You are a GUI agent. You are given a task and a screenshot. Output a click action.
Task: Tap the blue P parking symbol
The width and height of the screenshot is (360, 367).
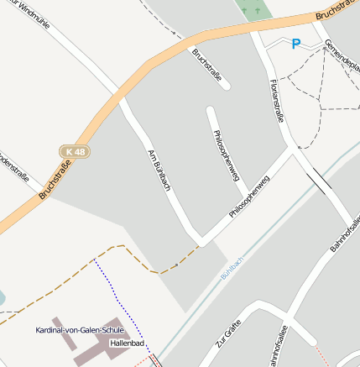click(295, 44)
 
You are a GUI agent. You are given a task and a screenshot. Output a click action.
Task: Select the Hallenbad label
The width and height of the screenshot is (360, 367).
click(128, 343)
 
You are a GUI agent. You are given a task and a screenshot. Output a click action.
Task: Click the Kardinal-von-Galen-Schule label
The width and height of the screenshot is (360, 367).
click(79, 330)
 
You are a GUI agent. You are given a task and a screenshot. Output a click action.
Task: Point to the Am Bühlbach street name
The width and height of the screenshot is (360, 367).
click(159, 170)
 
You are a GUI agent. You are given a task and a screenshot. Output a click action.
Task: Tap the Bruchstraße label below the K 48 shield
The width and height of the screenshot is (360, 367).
click(53, 181)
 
